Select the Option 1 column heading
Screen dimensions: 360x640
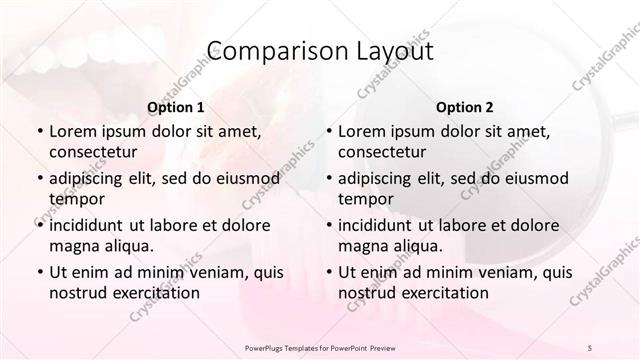point(176,106)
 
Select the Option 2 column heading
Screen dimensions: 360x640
point(464,106)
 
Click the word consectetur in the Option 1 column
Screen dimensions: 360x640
point(93,152)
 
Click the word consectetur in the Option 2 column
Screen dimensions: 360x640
point(382,152)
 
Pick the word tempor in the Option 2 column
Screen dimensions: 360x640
point(365,198)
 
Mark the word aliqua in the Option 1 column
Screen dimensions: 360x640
point(129,245)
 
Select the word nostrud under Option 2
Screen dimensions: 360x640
point(366,292)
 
